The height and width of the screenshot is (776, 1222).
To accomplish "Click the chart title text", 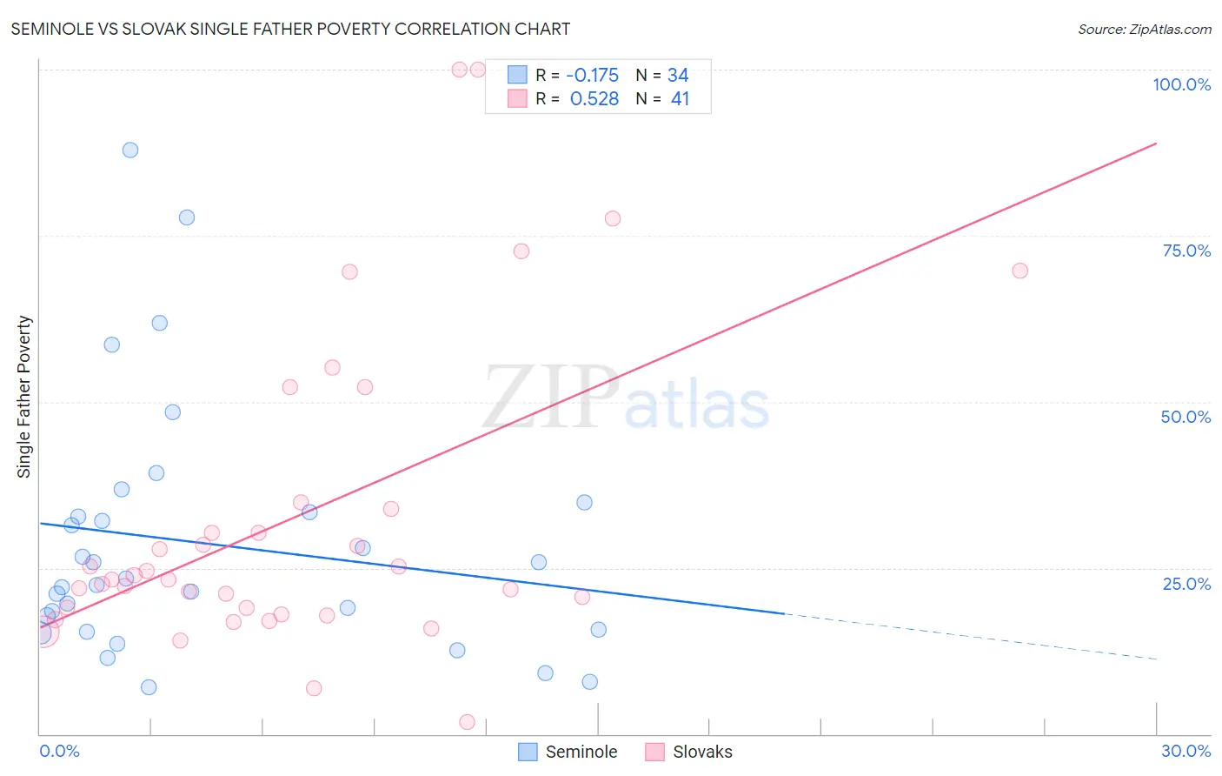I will pos(290,29).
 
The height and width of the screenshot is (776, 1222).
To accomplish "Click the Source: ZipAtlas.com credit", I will pos(1144,29).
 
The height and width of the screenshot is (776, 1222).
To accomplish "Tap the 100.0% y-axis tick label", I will pos(1181,84).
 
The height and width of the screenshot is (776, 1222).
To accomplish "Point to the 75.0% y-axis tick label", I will pos(1186,251).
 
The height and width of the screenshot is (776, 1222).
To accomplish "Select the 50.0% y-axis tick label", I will pos(1185,417).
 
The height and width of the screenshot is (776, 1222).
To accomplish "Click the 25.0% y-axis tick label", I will pos(1186,584).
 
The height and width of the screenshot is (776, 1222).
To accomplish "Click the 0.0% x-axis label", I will pos(59,751).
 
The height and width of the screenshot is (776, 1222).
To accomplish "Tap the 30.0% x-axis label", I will pos(1185,751).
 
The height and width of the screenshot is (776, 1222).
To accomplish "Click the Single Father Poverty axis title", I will pos(23,397).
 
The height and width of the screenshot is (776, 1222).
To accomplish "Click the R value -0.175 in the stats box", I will pos(592,76).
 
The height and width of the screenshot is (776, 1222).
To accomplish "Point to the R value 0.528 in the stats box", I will pos(594,99).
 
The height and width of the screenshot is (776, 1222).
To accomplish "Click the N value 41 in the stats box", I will pos(680,99).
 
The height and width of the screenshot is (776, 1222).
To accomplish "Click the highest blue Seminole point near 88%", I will pos(130,150).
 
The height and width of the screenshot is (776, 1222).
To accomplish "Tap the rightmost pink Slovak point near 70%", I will pos(1020,271).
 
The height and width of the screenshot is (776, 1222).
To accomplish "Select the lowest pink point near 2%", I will pos(467,722).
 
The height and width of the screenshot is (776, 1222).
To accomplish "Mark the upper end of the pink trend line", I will pos(1156,143).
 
